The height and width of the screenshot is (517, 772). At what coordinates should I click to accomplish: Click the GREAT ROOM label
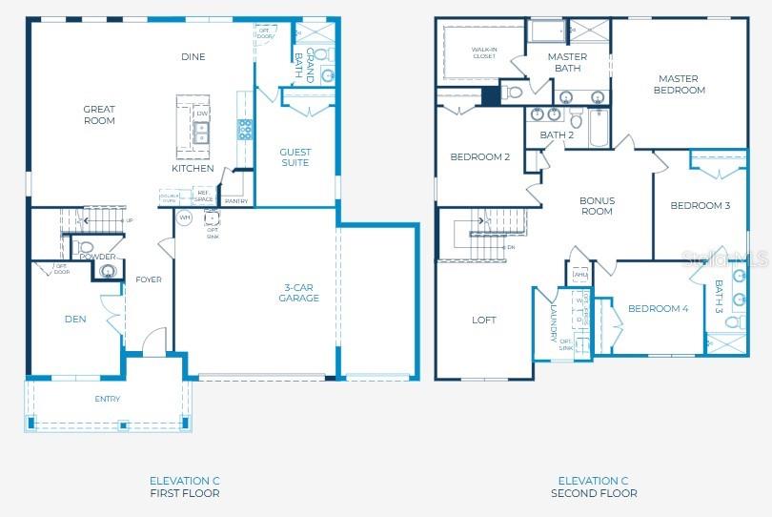99,115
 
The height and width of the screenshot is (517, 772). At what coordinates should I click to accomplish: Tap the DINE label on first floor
193,57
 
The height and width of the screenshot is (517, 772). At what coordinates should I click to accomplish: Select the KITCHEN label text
193,169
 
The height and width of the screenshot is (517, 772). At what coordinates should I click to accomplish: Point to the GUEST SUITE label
295,157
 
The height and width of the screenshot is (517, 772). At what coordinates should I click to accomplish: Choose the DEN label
75,320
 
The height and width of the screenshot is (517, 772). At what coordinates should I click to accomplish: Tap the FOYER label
149,279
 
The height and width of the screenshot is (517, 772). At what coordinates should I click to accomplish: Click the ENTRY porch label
108,399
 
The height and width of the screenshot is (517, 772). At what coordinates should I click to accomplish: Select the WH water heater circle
186,217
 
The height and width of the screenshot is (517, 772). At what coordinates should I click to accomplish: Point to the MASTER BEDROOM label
680,85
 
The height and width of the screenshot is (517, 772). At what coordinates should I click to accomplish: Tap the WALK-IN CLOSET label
484,52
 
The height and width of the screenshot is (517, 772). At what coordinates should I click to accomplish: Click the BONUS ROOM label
597,206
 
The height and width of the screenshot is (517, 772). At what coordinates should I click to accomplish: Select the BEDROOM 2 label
480,157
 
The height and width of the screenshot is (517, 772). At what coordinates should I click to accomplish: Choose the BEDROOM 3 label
700,206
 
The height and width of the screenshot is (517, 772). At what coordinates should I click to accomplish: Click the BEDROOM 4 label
658,308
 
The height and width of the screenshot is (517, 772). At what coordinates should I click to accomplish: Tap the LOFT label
484,321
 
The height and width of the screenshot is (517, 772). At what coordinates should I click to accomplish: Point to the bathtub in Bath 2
599,128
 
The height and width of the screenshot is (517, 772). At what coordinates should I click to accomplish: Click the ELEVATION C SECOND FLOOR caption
594,486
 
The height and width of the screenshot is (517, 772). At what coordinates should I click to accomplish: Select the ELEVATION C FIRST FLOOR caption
184,486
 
